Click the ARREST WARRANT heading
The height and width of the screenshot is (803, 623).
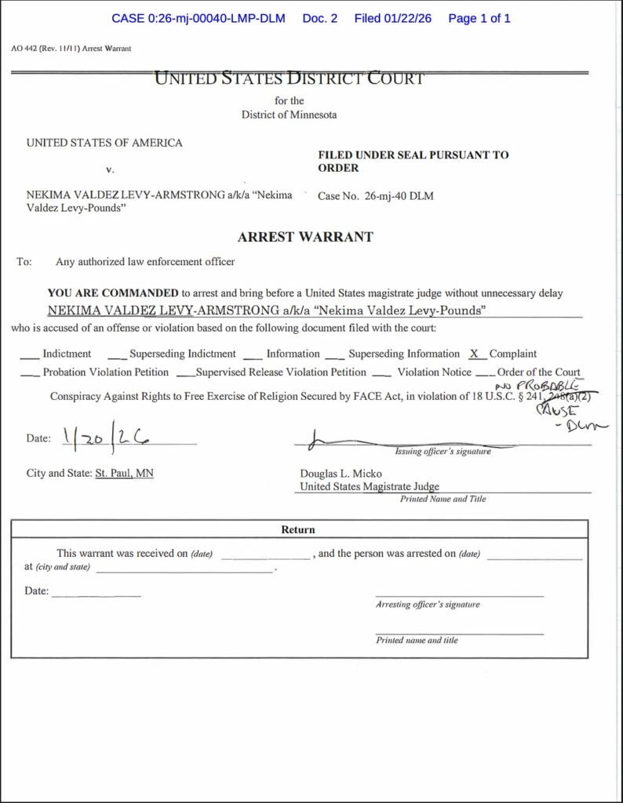tap(305, 237)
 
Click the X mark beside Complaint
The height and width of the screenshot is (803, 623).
tap(473, 354)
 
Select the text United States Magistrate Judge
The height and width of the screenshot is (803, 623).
tap(370, 487)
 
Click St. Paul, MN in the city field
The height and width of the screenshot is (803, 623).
tap(124, 474)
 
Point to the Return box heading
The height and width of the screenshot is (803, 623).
tap(298, 530)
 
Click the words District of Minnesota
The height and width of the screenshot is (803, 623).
tap(290, 115)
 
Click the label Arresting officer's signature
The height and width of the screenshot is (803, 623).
tap(428, 605)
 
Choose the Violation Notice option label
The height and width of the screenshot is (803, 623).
tap(434, 372)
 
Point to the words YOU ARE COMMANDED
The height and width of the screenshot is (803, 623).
tap(113, 293)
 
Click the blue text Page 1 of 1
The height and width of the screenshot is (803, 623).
tap(479, 18)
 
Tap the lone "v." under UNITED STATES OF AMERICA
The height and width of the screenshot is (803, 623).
tap(110, 169)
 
